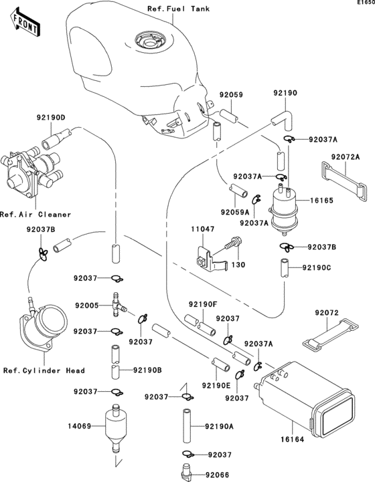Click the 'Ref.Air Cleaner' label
(x=27, y=214)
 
